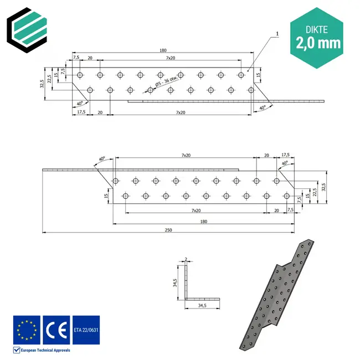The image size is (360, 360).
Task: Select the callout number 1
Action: [x=276, y=34]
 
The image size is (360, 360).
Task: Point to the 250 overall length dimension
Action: [x=167, y=230]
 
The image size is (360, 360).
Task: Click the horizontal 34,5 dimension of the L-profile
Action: [x=202, y=306]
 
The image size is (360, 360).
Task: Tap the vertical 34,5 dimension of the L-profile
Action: [x=175, y=283]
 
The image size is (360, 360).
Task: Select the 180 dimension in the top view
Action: [x=162, y=51]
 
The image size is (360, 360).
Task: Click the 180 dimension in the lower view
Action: [x=203, y=221]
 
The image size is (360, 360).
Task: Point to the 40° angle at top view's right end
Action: [x=262, y=107]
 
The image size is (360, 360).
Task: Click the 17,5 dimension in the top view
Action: [x=81, y=112]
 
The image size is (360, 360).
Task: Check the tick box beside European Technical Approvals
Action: [x=16, y=350]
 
